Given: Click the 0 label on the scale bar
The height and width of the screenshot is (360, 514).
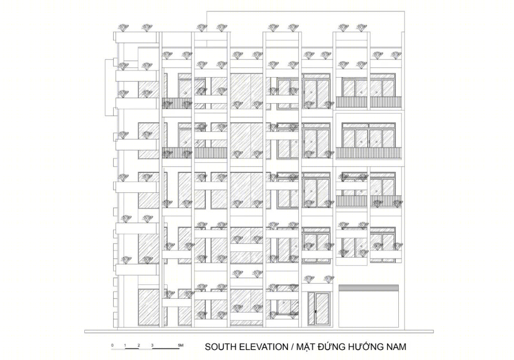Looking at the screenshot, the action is pyautogui.click(x=112, y=345).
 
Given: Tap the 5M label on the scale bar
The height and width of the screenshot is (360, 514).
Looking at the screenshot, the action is pyautogui.click(x=181, y=345).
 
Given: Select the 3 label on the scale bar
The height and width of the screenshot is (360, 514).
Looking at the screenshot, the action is pyautogui.click(x=152, y=345).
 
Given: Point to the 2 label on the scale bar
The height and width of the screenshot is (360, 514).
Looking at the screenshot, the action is pyautogui.click(x=139, y=345).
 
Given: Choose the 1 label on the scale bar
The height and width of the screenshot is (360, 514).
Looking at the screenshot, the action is pyautogui.click(x=125, y=345).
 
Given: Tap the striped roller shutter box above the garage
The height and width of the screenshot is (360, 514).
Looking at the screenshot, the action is pyautogui.click(x=369, y=288).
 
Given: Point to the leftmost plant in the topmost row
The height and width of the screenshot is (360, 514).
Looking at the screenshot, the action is pyautogui.click(x=123, y=28).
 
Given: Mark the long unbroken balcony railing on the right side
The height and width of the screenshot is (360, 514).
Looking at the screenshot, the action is pyautogui.click(x=368, y=153).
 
